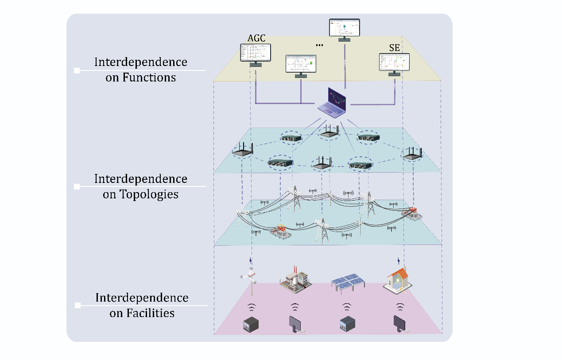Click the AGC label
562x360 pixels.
(x=256, y=39)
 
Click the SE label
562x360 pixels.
(x=394, y=48)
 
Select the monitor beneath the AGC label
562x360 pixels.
(x=255, y=53)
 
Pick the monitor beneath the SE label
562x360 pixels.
(x=394, y=63)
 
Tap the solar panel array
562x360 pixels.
(x=346, y=282)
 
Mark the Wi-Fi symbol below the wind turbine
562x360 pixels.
(x=251, y=307)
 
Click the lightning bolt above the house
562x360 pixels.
(x=399, y=260)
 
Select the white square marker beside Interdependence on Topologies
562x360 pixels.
(x=77, y=187)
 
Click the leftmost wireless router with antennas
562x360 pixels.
(x=243, y=151)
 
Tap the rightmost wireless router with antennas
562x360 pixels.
(x=412, y=154)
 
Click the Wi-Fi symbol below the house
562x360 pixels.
(x=400, y=307)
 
